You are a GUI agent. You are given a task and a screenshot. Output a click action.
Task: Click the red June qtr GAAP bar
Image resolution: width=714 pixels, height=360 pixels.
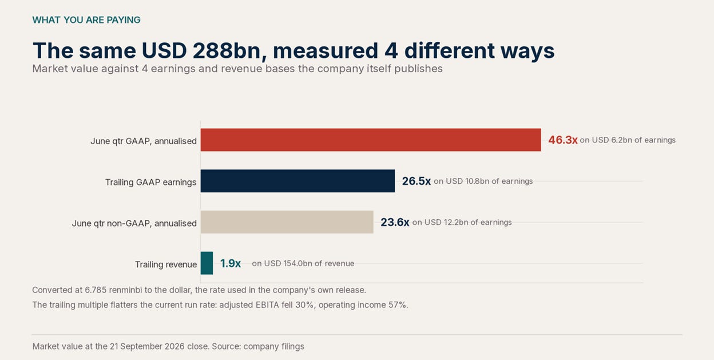click(371, 140)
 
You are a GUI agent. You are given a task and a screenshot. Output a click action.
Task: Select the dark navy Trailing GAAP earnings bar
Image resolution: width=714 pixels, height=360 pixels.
click(297, 181)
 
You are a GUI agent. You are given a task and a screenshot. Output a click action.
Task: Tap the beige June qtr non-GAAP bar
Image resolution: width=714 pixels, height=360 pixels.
click(287, 222)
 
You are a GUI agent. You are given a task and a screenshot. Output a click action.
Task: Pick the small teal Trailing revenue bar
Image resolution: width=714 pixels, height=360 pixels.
click(207, 263)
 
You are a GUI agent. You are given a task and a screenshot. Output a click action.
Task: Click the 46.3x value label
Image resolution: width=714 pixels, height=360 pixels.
click(562, 140)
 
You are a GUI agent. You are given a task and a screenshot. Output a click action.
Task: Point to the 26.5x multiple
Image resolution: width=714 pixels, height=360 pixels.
click(416, 181)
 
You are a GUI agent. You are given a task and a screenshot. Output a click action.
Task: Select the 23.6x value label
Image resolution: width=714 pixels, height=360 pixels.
click(395, 222)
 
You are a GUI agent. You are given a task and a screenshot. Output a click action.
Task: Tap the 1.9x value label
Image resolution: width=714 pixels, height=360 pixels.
click(230, 263)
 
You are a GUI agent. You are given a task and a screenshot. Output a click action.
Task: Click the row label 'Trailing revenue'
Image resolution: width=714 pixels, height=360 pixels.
click(166, 264)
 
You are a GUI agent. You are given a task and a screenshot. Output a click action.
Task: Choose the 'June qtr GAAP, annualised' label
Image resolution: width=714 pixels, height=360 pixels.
click(144, 141)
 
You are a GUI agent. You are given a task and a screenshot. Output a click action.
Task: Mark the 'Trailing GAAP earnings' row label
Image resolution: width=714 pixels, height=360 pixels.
click(151, 182)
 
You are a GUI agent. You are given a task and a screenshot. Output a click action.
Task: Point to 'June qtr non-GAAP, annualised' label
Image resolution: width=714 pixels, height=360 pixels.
click(134, 223)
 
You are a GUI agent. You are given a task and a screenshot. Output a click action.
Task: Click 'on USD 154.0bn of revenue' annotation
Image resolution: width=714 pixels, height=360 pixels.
click(303, 263)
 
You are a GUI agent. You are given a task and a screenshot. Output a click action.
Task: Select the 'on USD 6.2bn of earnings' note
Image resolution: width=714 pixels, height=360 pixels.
click(628, 140)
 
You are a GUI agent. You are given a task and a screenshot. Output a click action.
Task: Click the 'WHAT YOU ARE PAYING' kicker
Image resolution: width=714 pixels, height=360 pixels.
click(86, 20)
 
